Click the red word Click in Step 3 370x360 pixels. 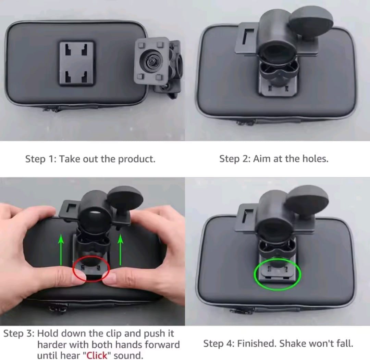pyautogui.click(x=97, y=355)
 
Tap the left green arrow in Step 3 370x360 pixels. pyautogui.click(x=61, y=250)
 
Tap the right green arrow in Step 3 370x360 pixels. pyautogui.click(x=121, y=250)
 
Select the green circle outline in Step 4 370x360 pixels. pyautogui.click(x=277, y=274)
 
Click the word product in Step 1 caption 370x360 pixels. pyautogui.click(x=137, y=159)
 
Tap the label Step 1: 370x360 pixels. pyautogui.click(x=41, y=159)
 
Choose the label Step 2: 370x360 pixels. pyautogui.click(x=235, y=159)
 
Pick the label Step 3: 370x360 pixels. pyautogui.click(x=19, y=334)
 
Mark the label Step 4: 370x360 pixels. pyautogui.click(x=219, y=344)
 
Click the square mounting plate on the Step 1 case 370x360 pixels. pyautogui.click(x=77, y=63)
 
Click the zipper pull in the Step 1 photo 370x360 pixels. pyautogui.click(x=51, y=109)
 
